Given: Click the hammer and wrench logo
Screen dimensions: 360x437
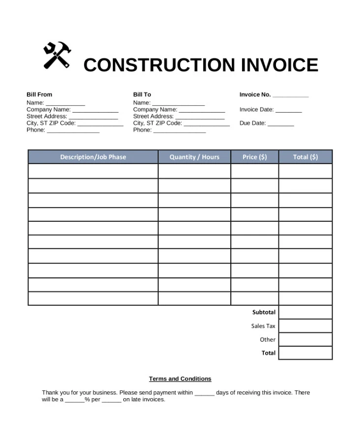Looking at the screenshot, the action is click(x=57, y=56).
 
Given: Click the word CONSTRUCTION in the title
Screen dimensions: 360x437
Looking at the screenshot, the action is click(x=153, y=65).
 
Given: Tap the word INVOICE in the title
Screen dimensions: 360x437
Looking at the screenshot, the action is click(x=279, y=65).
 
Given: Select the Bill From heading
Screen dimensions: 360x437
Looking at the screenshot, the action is click(x=39, y=94).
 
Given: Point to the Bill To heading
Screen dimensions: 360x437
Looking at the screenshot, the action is click(x=142, y=94).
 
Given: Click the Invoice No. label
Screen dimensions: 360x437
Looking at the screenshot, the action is click(x=255, y=94).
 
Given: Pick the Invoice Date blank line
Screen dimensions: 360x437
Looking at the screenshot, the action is click(x=288, y=111).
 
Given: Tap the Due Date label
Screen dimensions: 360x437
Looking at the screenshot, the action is click(x=252, y=123).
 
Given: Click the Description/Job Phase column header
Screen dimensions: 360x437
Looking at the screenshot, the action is click(x=93, y=157).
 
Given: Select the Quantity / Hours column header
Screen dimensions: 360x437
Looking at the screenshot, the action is click(x=194, y=157).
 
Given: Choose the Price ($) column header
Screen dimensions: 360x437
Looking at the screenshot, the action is click(x=254, y=157).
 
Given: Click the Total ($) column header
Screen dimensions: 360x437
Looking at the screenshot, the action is click(x=305, y=157).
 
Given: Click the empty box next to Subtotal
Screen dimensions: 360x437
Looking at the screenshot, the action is click(x=305, y=312).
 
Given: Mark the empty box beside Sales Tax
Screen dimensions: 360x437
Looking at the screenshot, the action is click(x=305, y=326).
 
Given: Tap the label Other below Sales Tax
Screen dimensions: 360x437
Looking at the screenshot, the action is click(x=268, y=340).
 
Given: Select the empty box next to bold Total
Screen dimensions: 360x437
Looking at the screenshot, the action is click(x=305, y=353).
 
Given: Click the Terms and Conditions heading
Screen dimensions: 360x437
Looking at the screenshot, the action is click(x=180, y=379).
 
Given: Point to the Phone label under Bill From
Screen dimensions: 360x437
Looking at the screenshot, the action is click(x=36, y=130).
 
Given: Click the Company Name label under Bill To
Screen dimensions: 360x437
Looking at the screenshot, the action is click(x=155, y=110).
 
